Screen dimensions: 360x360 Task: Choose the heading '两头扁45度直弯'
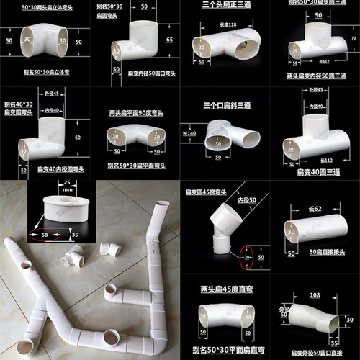[224, 288]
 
